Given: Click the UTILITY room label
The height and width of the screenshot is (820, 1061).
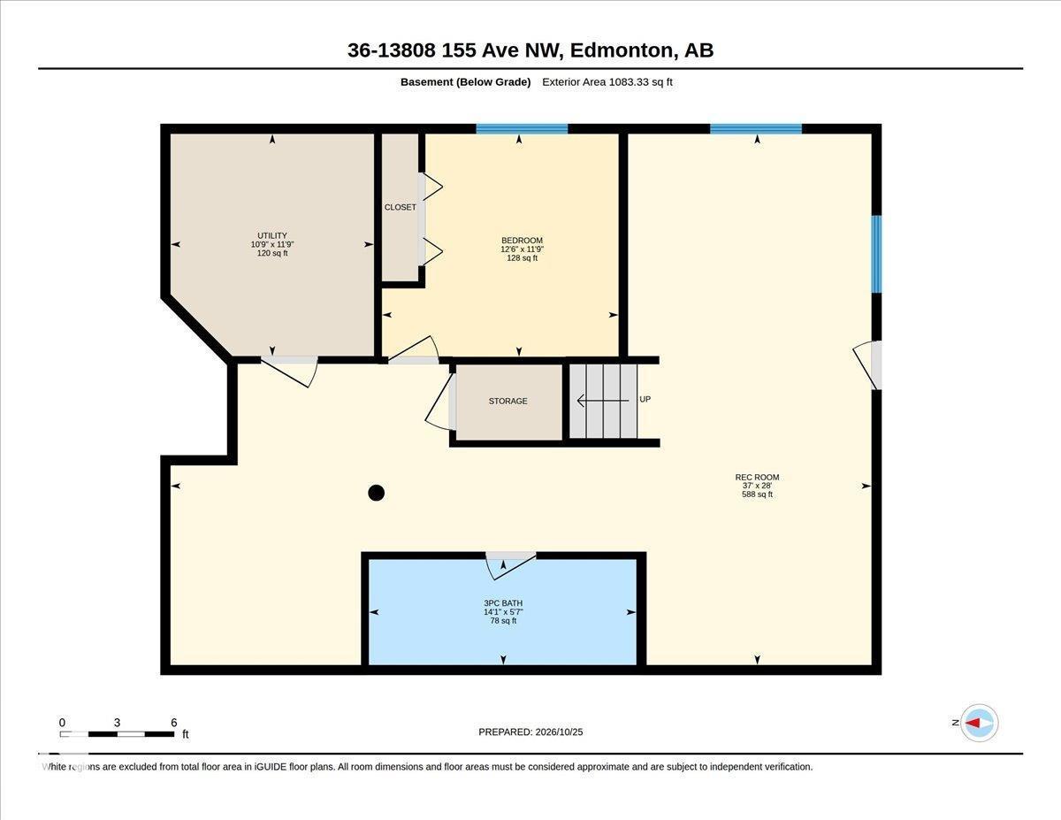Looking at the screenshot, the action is (x=272, y=235).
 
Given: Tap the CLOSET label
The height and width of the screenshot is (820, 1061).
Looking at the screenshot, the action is (x=400, y=207).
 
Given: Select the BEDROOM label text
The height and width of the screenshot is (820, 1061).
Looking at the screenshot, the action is (x=522, y=241).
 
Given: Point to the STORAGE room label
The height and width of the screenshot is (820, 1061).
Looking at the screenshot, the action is (x=508, y=401).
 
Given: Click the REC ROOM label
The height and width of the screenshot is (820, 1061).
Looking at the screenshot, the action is (x=757, y=477).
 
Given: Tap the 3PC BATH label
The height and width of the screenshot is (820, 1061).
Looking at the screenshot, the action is (x=503, y=603).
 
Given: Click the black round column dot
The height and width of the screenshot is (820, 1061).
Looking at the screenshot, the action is (x=376, y=493).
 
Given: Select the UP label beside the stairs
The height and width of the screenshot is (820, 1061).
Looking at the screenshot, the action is (x=645, y=399).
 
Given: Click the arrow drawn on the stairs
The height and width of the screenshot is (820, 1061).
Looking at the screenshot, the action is (x=603, y=401).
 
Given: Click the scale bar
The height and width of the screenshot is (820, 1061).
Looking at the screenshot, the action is (x=117, y=734).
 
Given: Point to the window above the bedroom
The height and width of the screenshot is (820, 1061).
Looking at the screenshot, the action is (x=522, y=129).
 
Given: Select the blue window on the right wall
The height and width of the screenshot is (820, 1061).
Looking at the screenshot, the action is (x=877, y=254).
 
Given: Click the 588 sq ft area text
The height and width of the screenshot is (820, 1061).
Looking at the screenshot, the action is (x=757, y=494).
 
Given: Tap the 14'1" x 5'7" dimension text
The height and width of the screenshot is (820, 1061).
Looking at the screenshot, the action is (x=503, y=612).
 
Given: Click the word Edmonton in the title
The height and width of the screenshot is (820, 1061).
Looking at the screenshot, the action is (x=622, y=50).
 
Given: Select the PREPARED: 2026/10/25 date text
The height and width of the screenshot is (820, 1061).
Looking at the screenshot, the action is (x=530, y=732).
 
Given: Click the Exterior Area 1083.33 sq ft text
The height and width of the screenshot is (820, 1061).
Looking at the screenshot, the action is (x=607, y=82).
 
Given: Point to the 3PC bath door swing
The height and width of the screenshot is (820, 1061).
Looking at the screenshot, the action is (x=510, y=567).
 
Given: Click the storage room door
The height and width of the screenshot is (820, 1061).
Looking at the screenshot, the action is (x=439, y=402).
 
